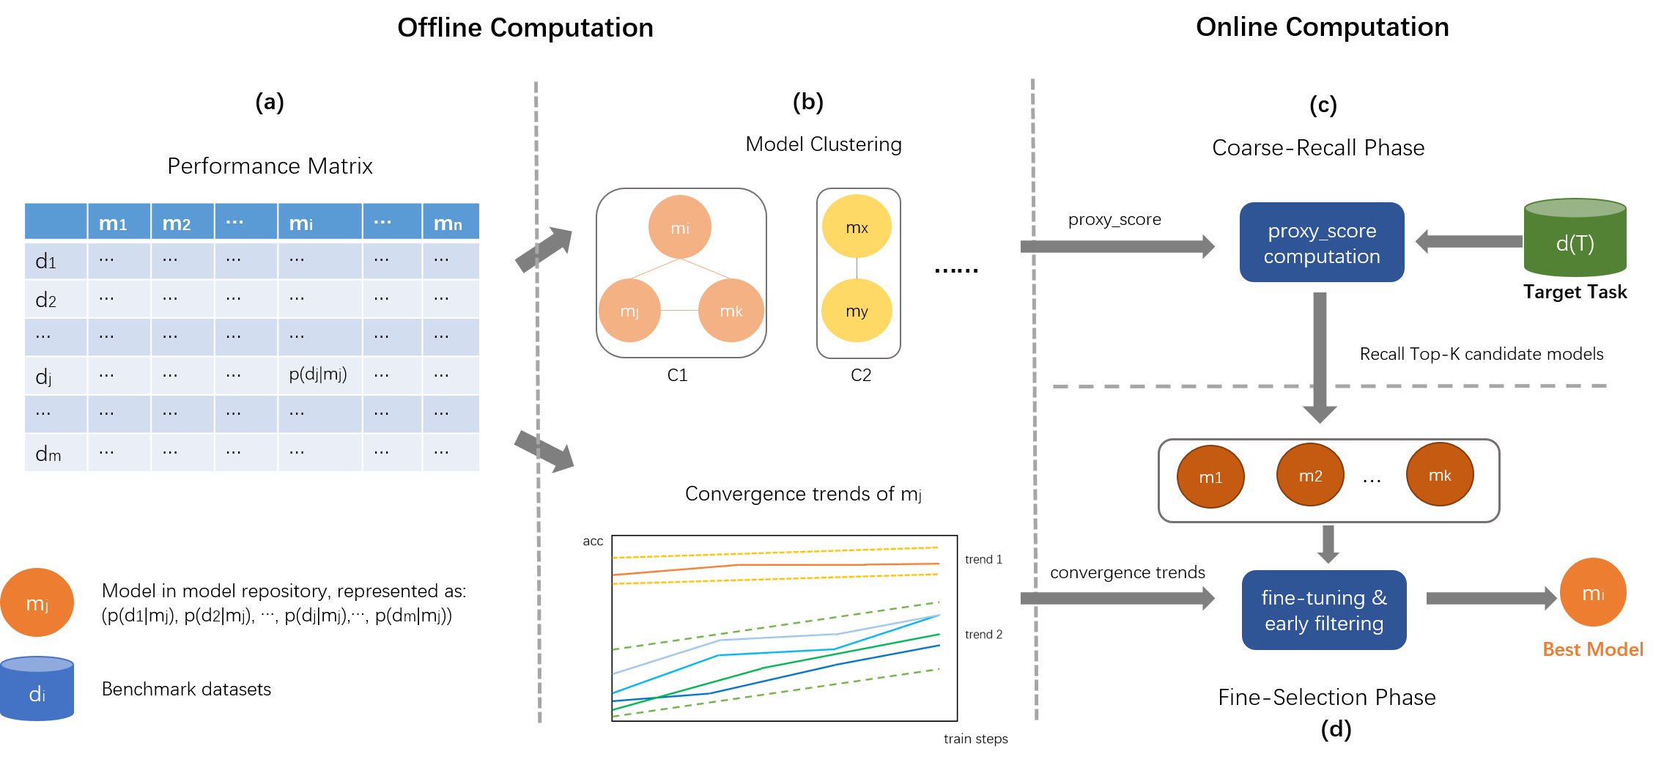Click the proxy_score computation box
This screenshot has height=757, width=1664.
click(1321, 243)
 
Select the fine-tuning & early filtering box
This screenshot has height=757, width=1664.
click(1323, 610)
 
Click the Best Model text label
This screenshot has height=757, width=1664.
click(1592, 649)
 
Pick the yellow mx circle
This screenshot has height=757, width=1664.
click(857, 226)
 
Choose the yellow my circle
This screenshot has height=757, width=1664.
click(857, 311)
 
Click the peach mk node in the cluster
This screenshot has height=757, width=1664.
click(731, 311)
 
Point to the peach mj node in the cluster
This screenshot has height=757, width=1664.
click(629, 311)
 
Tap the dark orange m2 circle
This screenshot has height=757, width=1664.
click(1310, 476)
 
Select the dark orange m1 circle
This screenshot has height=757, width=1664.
click(1210, 477)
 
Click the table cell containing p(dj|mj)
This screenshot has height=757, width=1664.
click(319, 374)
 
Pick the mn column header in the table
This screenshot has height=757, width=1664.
click(448, 223)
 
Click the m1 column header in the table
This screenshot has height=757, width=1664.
click(114, 223)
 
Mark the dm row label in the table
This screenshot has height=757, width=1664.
click(48, 454)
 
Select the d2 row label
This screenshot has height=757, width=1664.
click(46, 299)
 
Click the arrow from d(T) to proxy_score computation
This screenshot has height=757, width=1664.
click(1468, 241)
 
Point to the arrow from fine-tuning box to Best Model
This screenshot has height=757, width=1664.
click(1490, 598)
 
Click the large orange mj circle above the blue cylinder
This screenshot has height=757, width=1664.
click(37, 602)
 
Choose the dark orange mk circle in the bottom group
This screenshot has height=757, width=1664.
click(1439, 475)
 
